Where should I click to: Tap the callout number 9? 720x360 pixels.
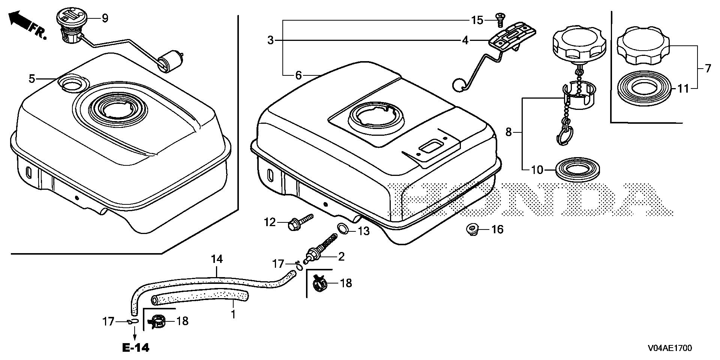(x=105, y=18)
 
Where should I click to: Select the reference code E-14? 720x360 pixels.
(x=135, y=348)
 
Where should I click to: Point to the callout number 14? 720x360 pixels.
(x=217, y=259)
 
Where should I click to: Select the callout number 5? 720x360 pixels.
(x=32, y=79)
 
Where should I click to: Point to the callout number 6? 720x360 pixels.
(x=298, y=76)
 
